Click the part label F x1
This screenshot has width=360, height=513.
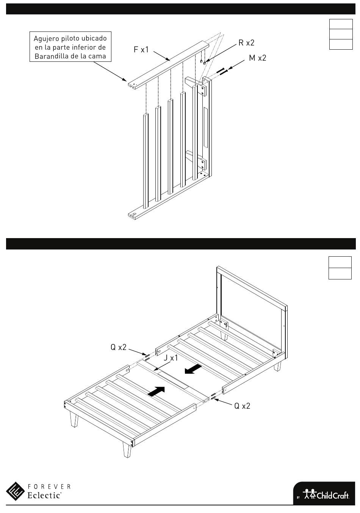(141, 49)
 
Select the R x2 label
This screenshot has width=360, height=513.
(246, 42)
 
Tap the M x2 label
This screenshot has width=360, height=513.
(257, 58)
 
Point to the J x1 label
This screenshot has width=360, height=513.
(171, 358)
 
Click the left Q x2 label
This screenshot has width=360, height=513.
(118, 347)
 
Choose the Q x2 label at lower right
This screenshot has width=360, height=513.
(242, 406)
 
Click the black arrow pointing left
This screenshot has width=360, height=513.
(193, 369)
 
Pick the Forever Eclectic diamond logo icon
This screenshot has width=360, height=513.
(15, 491)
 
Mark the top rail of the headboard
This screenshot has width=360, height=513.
(252, 288)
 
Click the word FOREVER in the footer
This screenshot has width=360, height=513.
(49, 486)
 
